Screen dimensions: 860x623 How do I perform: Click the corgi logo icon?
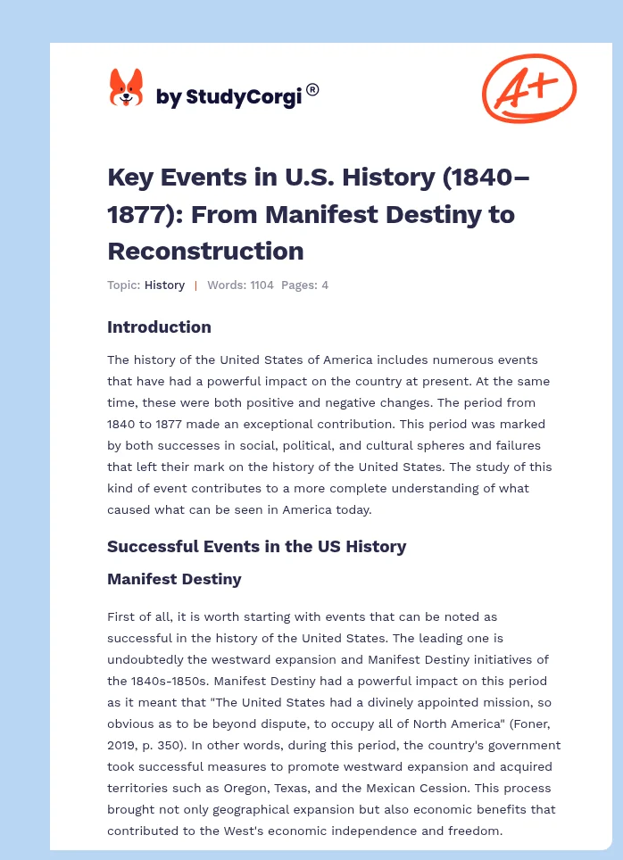[126, 89]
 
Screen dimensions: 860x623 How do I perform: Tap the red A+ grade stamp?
[528, 89]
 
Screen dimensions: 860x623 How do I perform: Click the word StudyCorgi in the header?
[242, 97]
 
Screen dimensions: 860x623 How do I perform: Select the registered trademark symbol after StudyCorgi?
[312, 89]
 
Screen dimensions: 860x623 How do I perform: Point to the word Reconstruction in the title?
[205, 251]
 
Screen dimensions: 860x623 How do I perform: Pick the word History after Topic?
[164, 285]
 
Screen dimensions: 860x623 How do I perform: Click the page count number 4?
[325, 285]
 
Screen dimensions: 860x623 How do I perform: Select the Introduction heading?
[159, 327]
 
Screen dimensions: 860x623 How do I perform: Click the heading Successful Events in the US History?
[256, 546]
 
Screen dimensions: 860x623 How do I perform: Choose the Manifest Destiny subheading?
[174, 579]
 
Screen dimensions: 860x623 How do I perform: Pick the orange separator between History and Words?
[195, 285]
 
